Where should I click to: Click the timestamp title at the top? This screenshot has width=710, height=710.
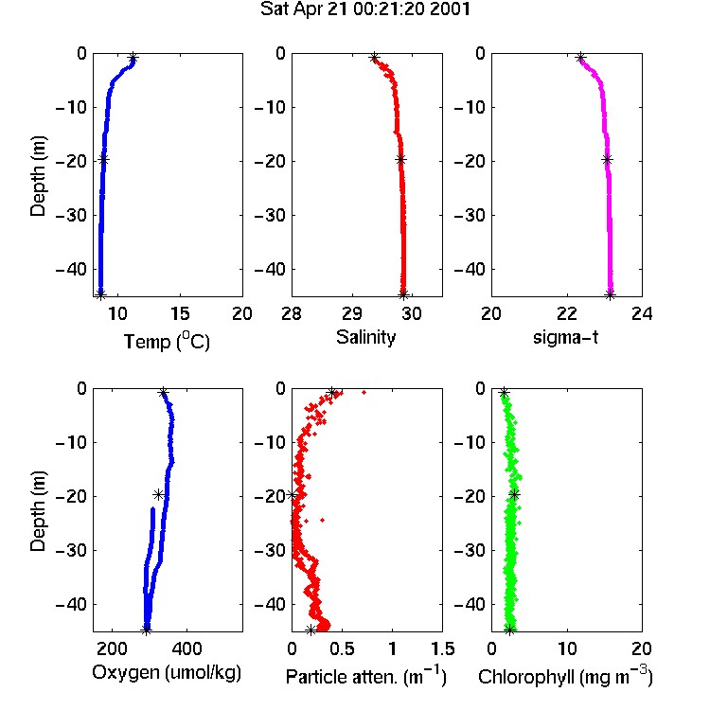tap(365, 9)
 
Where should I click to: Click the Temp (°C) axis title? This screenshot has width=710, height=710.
tap(167, 341)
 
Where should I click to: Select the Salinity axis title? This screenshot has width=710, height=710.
tap(365, 337)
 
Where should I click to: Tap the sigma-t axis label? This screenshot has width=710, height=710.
tap(565, 337)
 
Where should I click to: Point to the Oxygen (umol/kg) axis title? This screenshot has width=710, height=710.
tap(167, 673)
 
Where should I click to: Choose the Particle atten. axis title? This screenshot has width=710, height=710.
tap(365, 677)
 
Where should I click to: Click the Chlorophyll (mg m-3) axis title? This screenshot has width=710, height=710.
tap(565, 677)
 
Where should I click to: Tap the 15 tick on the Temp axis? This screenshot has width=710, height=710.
tap(180, 313)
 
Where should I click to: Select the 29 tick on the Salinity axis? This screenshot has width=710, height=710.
tap(352, 313)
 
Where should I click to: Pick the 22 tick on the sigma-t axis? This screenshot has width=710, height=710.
tap(566, 313)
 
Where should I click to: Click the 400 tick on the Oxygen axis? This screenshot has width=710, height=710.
tap(186, 648)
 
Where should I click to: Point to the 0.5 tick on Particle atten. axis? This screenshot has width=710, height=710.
tap(342, 648)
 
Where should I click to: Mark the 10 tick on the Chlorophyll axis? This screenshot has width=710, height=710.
tap(566, 648)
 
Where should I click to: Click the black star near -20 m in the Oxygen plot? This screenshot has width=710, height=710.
tap(158, 494)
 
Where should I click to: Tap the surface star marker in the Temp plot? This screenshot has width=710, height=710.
tap(133, 58)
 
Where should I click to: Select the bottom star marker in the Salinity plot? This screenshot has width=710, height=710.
tap(403, 294)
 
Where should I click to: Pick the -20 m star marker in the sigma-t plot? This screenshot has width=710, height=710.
tap(607, 159)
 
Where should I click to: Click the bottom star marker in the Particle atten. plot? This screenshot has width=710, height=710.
tap(311, 630)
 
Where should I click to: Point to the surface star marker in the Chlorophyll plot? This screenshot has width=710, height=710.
tap(504, 393)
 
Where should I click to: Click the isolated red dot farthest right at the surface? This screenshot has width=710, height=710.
tap(364, 392)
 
